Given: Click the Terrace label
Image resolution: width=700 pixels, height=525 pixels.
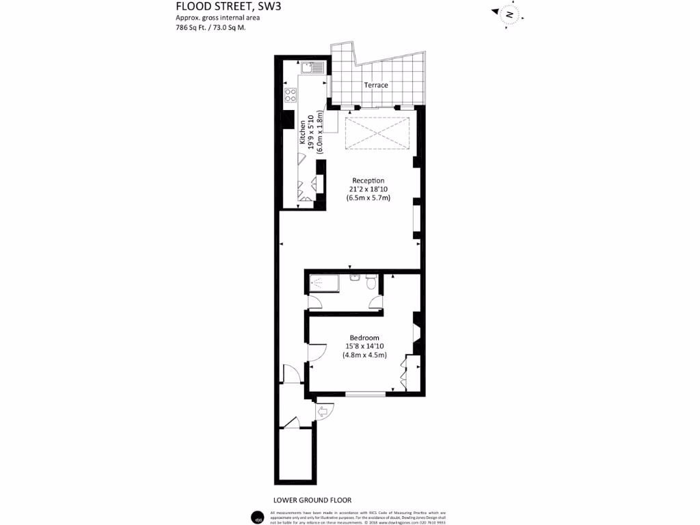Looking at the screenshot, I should [x=375, y=85].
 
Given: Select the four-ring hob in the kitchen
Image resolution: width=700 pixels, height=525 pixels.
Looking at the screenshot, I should [x=291, y=95].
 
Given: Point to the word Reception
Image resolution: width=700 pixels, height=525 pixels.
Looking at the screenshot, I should [x=368, y=180].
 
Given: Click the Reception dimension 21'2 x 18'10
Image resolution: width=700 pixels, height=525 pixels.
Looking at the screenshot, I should [x=368, y=189].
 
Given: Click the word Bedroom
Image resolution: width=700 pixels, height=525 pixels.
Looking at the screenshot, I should [x=364, y=338].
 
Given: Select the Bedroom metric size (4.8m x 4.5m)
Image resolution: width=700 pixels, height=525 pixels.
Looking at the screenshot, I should [x=364, y=355].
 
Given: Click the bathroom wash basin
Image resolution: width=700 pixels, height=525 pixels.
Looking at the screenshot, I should [x=354, y=277].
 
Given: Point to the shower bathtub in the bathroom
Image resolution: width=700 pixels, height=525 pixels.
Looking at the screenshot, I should [x=325, y=282].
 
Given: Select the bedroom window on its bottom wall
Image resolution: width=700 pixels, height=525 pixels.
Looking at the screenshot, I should [x=364, y=394].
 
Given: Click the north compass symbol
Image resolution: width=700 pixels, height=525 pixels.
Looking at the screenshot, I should [x=509, y=14].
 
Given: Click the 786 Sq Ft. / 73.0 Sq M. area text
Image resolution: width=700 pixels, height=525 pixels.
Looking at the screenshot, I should [x=211, y=28].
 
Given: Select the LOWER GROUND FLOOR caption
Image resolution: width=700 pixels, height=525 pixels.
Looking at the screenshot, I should [x=312, y=500].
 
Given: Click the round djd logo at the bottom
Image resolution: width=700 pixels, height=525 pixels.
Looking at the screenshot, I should [x=257, y=517].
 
